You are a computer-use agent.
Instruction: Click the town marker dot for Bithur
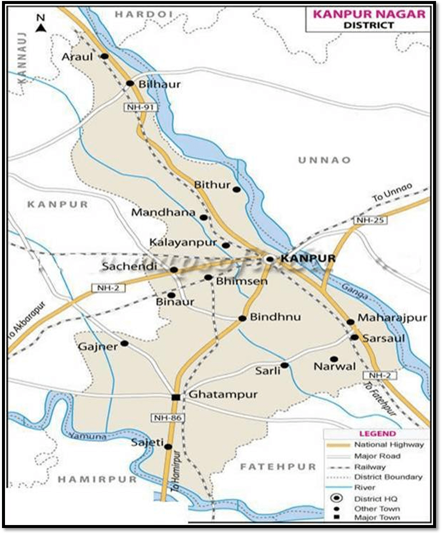click(x=237, y=189)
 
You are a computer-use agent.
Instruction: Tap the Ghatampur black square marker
click(x=175, y=397)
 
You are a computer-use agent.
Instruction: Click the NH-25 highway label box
click(x=369, y=220)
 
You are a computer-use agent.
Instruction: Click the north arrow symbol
click(x=41, y=24)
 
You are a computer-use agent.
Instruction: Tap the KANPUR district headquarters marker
click(x=270, y=259)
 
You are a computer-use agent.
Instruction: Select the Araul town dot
click(x=105, y=56)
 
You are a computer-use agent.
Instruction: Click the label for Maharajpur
click(x=393, y=318)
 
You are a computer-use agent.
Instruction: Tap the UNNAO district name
click(x=324, y=160)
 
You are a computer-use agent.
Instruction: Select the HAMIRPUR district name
click(x=97, y=479)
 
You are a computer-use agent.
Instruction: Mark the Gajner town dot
click(x=124, y=344)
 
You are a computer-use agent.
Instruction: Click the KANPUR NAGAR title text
click(x=369, y=14)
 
